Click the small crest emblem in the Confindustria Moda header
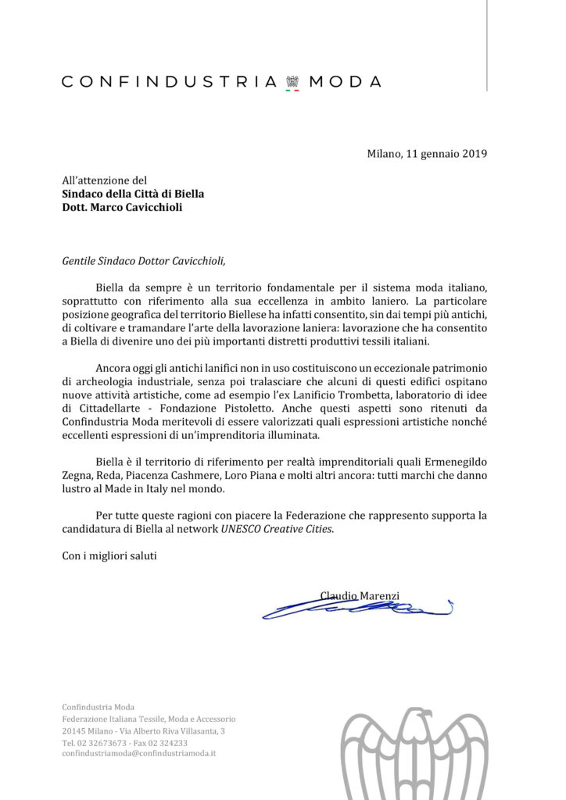[293, 82]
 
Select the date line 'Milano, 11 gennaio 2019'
[427, 153]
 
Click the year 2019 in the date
[473, 153]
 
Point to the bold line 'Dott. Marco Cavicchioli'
[122, 208]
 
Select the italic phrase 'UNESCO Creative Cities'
[276, 529]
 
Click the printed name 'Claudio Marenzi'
[360, 595]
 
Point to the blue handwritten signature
[356, 607]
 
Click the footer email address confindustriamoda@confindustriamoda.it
[138, 754]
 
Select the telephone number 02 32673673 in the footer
[108, 742]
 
